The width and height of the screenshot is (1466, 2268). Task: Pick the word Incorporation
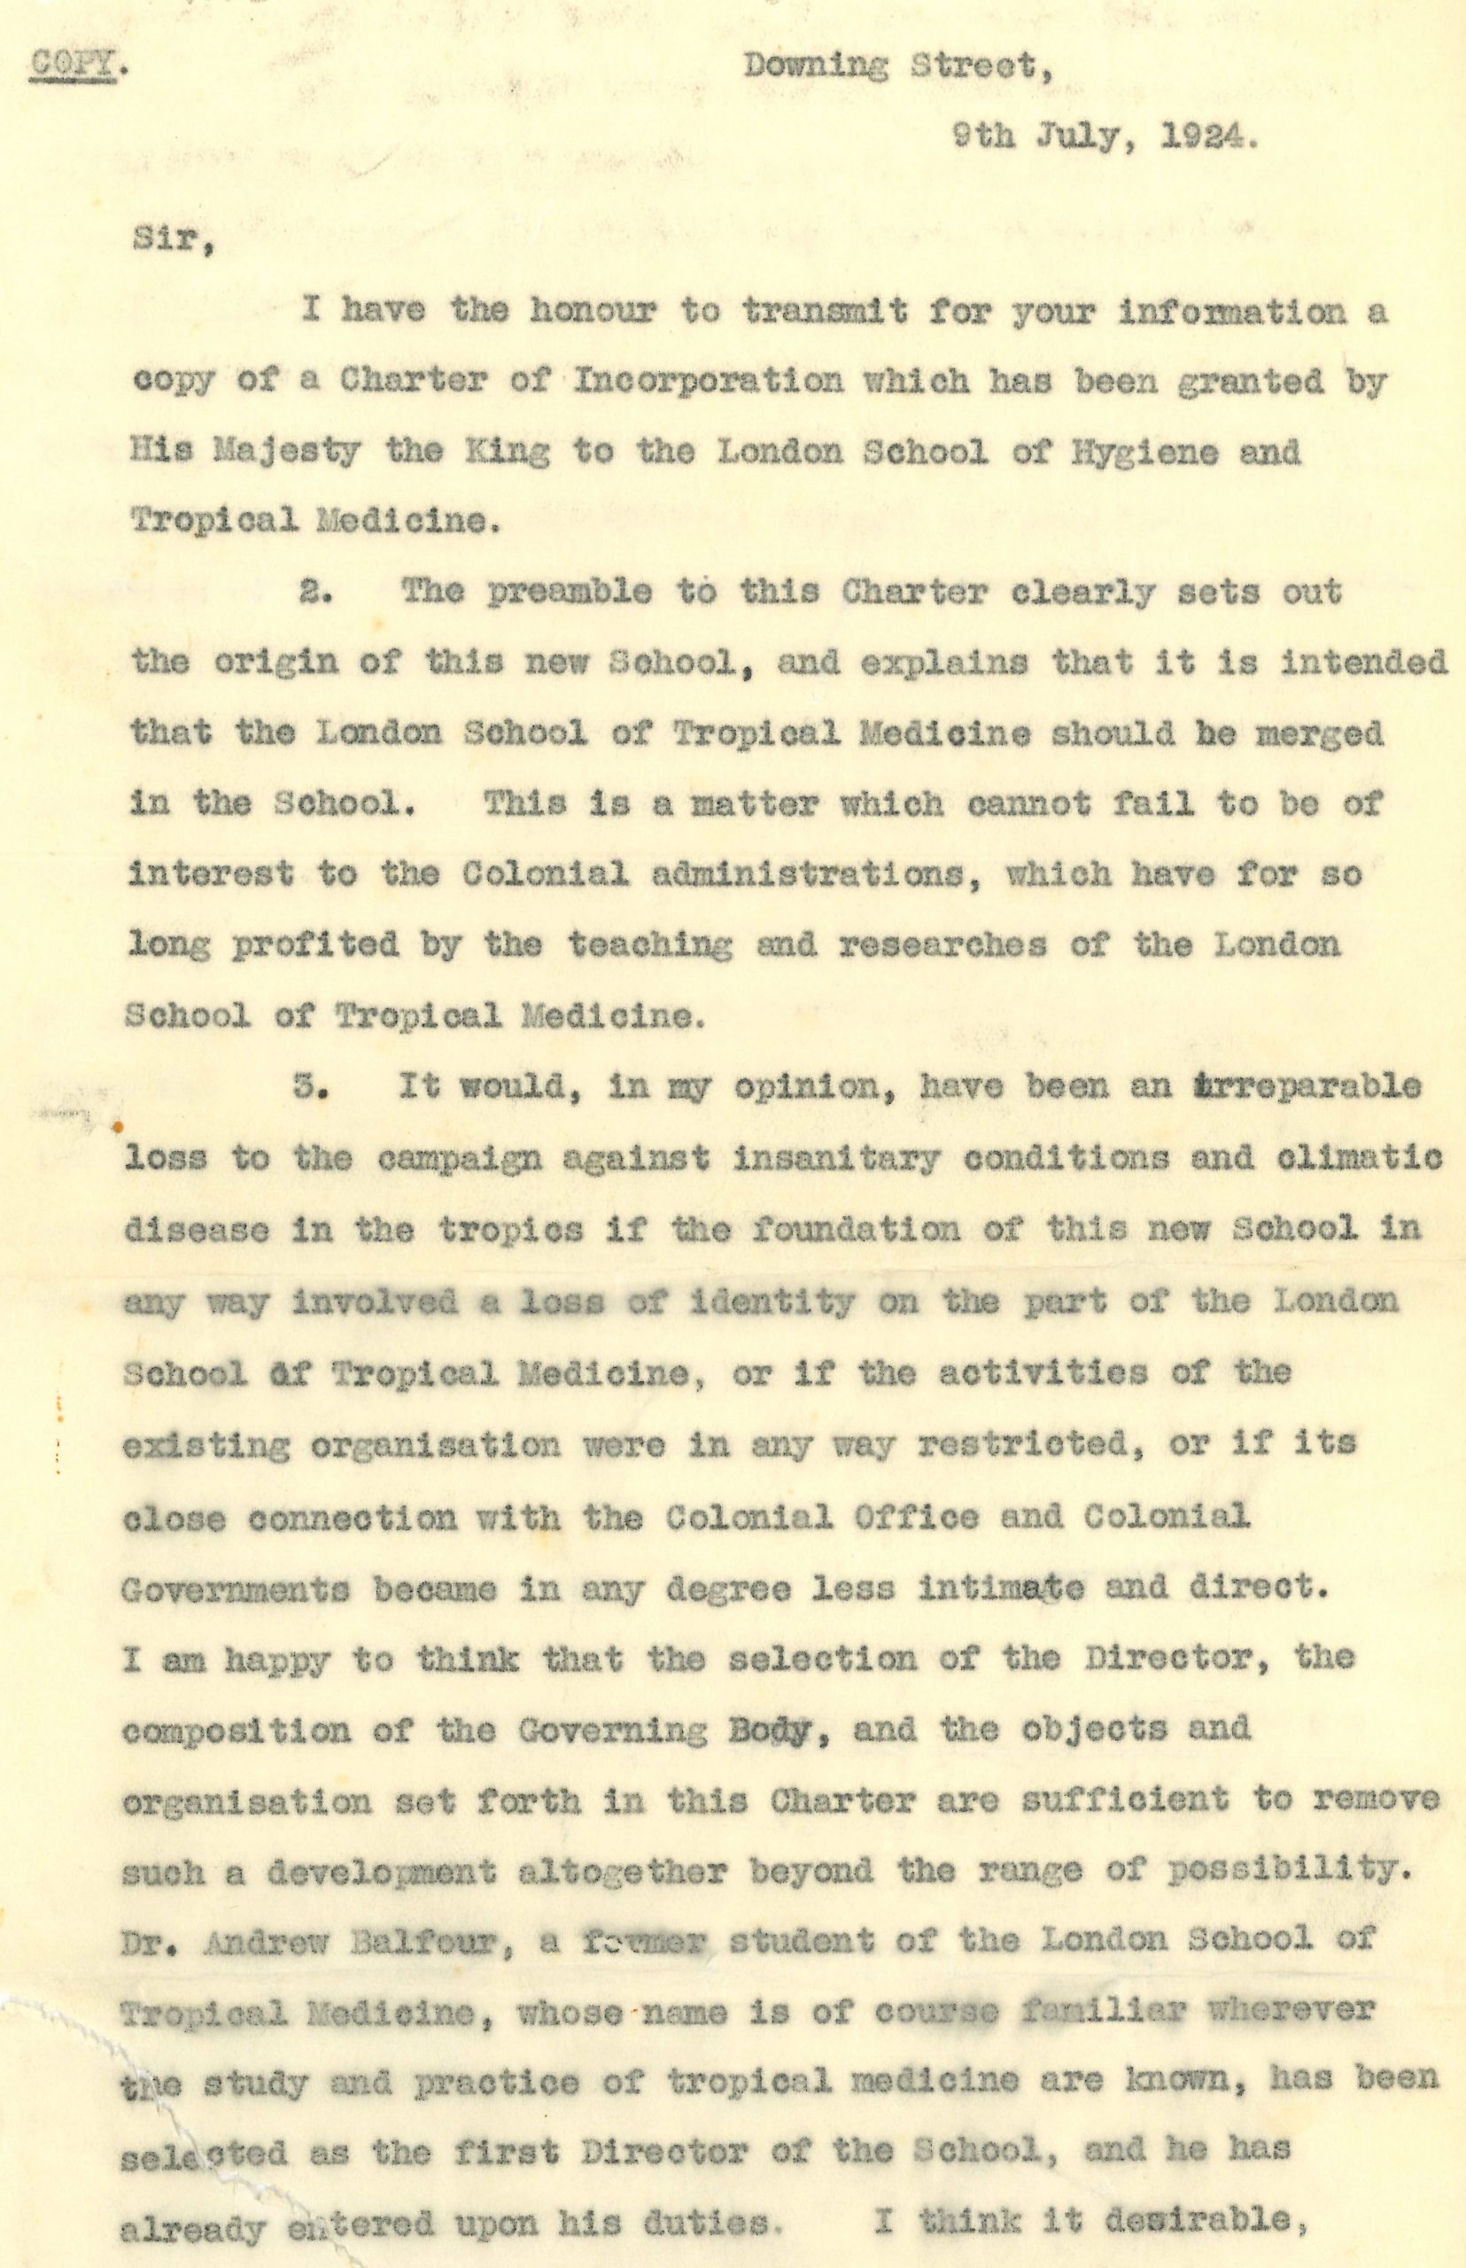(709, 382)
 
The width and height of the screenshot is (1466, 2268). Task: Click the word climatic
(1367, 1158)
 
